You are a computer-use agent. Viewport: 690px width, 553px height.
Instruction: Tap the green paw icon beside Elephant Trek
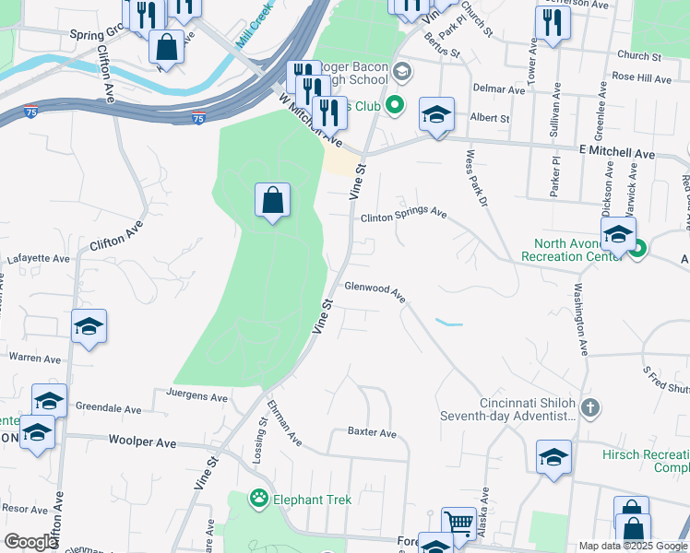click(x=259, y=500)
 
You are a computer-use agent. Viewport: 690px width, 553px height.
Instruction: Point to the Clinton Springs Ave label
click(x=403, y=214)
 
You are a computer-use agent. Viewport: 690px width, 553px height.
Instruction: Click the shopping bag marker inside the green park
click(x=273, y=200)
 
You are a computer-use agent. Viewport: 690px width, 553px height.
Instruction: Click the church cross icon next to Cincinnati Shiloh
click(x=591, y=406)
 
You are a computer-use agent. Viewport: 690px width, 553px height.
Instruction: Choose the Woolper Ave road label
click(x=142, y=442)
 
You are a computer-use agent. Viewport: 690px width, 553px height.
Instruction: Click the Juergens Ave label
click(x=196, y=397)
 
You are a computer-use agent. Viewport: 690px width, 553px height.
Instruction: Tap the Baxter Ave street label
click(x=372, y=432)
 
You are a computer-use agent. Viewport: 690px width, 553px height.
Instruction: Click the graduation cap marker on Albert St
click(x=436, y=115)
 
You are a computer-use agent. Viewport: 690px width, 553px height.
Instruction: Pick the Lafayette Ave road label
click(x=39, y=260)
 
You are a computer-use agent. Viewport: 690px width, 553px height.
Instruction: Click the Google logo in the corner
click(x=31, y=542)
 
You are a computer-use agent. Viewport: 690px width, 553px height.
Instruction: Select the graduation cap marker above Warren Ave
click(x=89, y=327)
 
